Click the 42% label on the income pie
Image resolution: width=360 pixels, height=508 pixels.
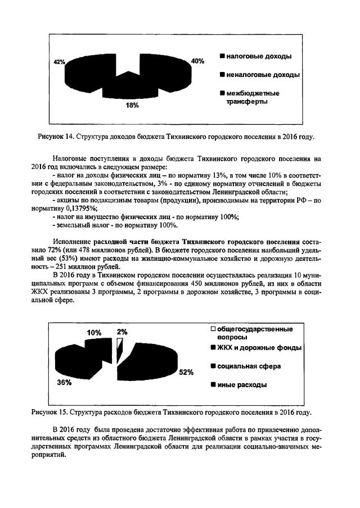coord(59,61)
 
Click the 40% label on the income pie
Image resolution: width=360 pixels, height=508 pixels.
coord(197,61)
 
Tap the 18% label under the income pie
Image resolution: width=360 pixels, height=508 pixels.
coord(132,105)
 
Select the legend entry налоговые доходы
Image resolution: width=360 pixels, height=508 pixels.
coord(255,57)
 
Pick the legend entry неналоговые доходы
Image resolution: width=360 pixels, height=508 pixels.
coord(259,75)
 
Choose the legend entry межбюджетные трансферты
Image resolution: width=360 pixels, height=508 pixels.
coord(250,97)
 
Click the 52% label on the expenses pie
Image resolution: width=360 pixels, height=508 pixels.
coord(187,372)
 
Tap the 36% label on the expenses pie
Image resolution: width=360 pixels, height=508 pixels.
coord(64,383)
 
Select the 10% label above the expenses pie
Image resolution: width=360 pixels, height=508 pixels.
coord(93,332)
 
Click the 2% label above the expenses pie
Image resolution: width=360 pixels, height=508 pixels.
coord(122,332)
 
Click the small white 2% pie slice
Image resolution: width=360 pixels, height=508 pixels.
coord(119,351)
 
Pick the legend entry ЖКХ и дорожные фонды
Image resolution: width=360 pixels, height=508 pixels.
coord(255,348)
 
